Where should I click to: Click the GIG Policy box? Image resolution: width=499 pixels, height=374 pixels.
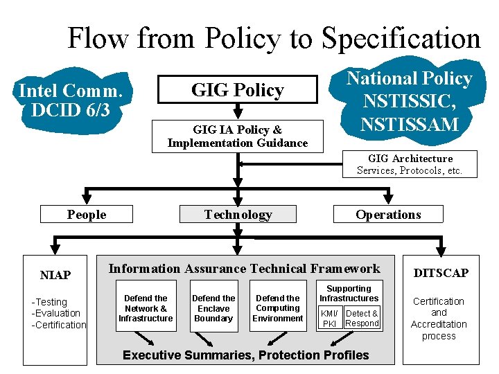click(237, 90)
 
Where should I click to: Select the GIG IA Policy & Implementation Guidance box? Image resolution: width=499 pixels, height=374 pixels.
click(237, 136)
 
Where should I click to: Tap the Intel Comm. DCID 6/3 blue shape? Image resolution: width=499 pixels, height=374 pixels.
click(71, 100)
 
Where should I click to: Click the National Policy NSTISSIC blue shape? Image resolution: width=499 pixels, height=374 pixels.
click(409, 101)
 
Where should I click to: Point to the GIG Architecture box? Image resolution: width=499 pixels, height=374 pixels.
click(410, 164)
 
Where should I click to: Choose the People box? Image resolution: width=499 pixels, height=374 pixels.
click(87, 215)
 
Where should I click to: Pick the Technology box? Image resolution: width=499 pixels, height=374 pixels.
click(238, 215)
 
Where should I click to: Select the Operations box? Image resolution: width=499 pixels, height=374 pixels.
click(388, 215)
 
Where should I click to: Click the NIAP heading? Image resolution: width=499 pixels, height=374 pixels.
click(55, 275)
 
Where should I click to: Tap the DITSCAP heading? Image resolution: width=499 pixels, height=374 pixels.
click(441, 273)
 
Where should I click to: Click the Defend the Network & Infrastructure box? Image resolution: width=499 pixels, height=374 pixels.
click(146, 308)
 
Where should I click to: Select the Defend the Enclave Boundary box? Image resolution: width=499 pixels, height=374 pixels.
click(213, 308)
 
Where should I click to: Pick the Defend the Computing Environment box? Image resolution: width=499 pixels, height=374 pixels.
click(278, 308)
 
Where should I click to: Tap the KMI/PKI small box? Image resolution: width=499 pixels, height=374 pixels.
click(330, 319)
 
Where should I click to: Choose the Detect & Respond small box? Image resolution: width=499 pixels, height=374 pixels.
click(362, 319)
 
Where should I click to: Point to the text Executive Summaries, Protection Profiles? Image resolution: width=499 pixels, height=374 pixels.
click(245, 355)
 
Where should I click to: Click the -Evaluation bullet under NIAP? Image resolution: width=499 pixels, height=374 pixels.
click(58, 313)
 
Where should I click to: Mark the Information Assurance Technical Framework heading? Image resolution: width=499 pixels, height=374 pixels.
click(245, 269)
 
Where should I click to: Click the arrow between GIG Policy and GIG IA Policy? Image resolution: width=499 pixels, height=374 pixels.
click(238, 110)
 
